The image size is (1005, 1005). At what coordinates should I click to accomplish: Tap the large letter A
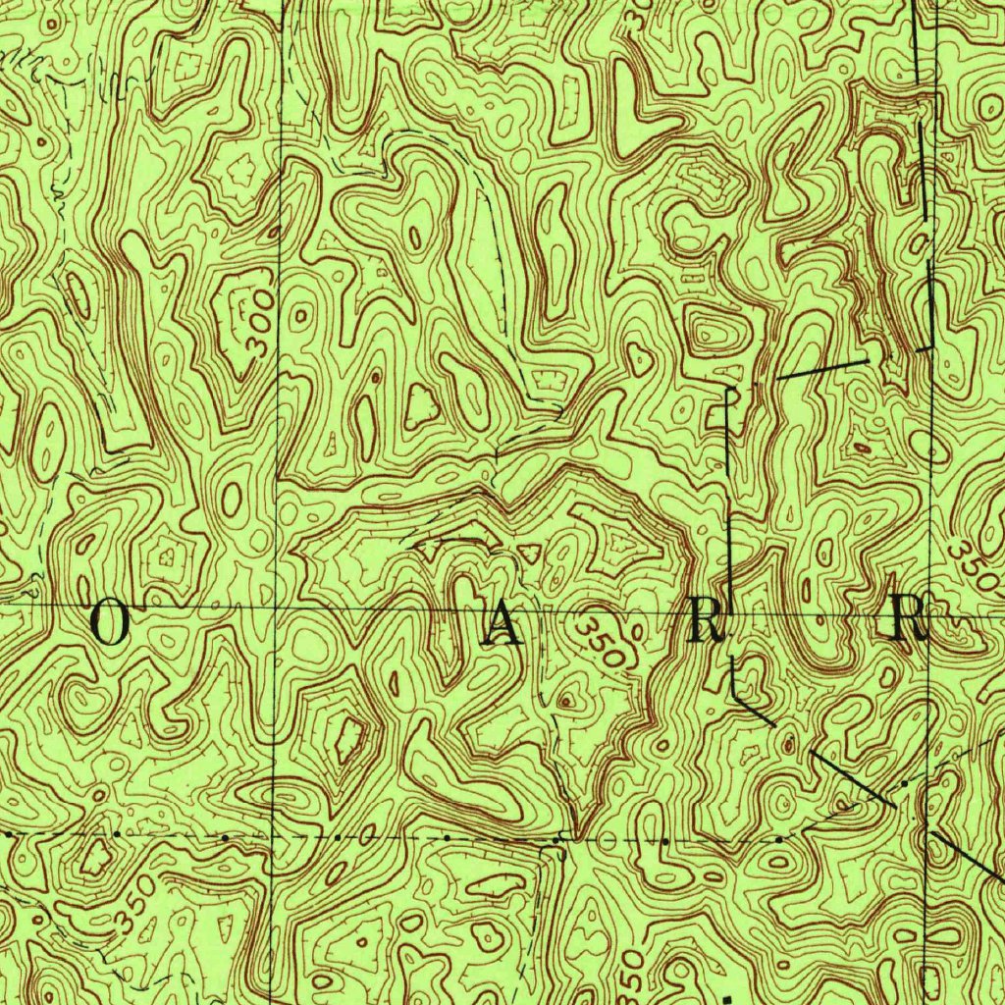(506, 625)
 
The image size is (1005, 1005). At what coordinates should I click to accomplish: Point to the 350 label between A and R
(601, 640)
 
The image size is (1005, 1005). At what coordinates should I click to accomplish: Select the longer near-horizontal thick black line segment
(822, 368)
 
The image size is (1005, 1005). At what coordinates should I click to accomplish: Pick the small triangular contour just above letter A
(529, 552)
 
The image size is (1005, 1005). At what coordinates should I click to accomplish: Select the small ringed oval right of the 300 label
(298, 316)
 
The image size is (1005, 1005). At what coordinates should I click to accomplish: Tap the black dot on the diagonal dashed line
(904, 784)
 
